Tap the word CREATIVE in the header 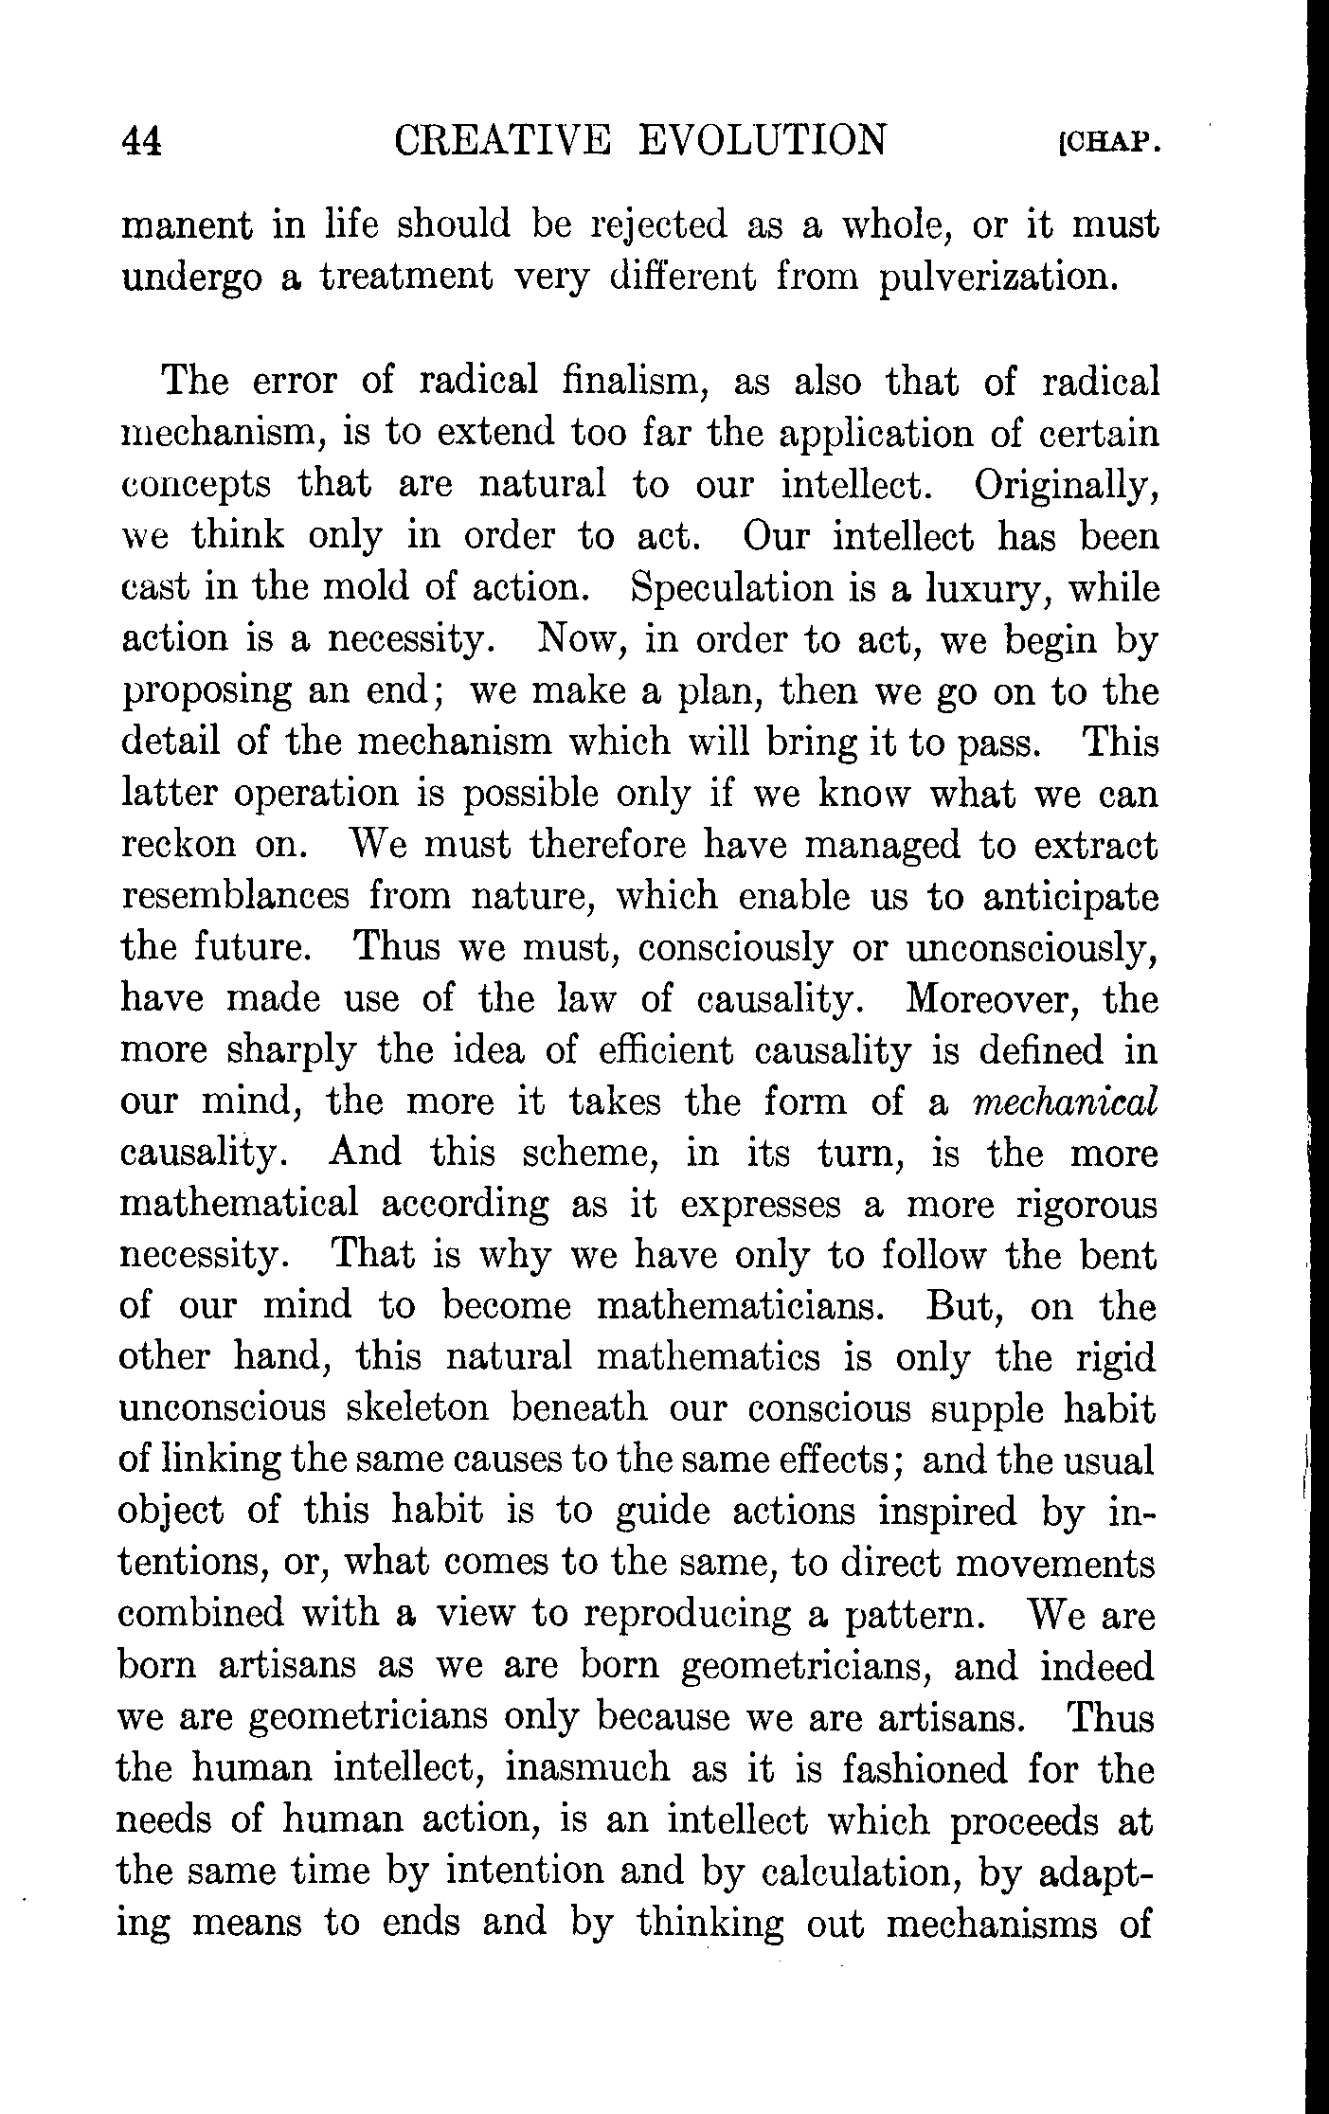tap(501, 140)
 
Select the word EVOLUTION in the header tap(763, 140)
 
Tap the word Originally tap(1066, 484)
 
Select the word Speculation tap(735, 588)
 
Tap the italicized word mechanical tap(1066, 1102)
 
